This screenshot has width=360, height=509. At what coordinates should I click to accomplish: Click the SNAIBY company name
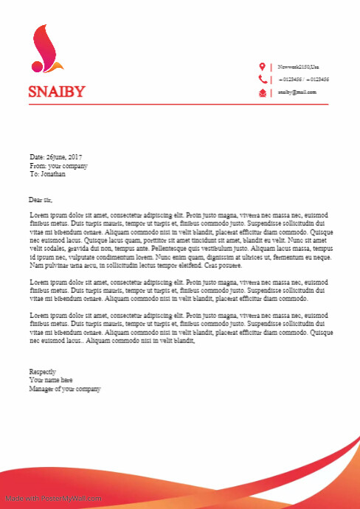coord(57,91)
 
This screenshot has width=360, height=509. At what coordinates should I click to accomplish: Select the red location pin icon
coord(262,67)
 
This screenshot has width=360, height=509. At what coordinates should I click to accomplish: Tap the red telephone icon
coord(262,79)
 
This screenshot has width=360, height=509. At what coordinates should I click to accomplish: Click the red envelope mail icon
coord(262,92)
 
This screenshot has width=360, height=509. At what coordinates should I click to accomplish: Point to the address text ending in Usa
coord(299,67)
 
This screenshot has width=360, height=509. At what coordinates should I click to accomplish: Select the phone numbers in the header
coord(303,79)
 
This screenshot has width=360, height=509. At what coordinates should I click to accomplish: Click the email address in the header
coord(297,92)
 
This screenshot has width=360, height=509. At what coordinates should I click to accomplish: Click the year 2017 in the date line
coord(75,157)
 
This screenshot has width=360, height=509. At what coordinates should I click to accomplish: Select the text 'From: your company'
coord(58,166)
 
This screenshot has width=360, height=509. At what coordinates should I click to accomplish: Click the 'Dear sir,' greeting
coord(41,199)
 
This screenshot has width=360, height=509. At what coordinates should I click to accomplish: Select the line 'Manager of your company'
coord(64,389)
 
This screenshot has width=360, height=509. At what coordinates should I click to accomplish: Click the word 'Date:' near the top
coord(37,157)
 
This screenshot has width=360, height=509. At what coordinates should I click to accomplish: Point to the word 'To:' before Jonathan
coord(33,175)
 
